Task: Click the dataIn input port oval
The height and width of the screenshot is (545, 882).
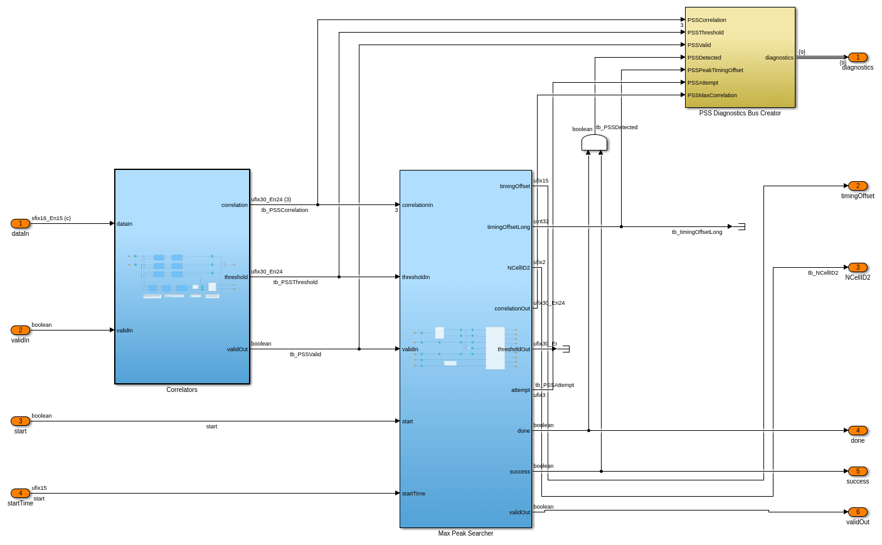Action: pyautogui.click(x=20, y=224)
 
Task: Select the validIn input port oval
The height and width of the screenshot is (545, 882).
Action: pyautogui.click(x=20, y=331)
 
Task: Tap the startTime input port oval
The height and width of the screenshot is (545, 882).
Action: pyautogui.click(x=20, y=494)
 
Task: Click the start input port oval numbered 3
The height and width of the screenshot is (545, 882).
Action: pyautogui.click(x=20, y=421)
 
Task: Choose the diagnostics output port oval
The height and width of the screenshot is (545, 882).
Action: pyautogui.click(x=858, y=58)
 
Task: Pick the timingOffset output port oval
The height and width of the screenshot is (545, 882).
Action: pyautogui.click(x=858, y=186)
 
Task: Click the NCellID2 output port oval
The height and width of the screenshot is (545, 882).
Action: pyautogui.click(x=858, y=268)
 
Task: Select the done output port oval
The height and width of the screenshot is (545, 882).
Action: pyautogui.click(x=858, y=431)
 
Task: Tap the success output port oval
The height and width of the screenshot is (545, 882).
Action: pyautogui.click(x=858, y=472)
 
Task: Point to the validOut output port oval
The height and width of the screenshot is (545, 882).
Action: pyautogui.click(x=858, y=512)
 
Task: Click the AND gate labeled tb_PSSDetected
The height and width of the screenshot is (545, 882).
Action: pyautogui.click(x=594, y=143)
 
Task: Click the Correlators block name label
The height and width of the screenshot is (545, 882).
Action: pyautogui.click(x=182, y=390)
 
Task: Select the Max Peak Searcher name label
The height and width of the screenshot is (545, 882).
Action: pyautogui.click(x=465, y=534)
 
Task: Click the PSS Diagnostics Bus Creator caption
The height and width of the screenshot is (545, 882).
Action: pyautogui.click(x=740, y=114)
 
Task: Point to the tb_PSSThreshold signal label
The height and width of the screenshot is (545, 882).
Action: pyautogui.click(x=295, y=282)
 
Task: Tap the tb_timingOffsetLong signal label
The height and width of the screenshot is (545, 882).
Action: pyautogui.click(x=697, y=232)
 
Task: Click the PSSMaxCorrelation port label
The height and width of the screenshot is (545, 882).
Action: pyautogui.click(x=712, y=95)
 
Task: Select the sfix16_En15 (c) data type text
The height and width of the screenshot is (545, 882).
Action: pyautogui.click(x=51, y=218)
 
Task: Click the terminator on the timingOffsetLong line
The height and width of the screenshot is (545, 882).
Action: pyautogui.click(x=741, y=226)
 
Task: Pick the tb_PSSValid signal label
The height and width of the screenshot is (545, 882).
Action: pyautogui.click(x=306, y=354)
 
